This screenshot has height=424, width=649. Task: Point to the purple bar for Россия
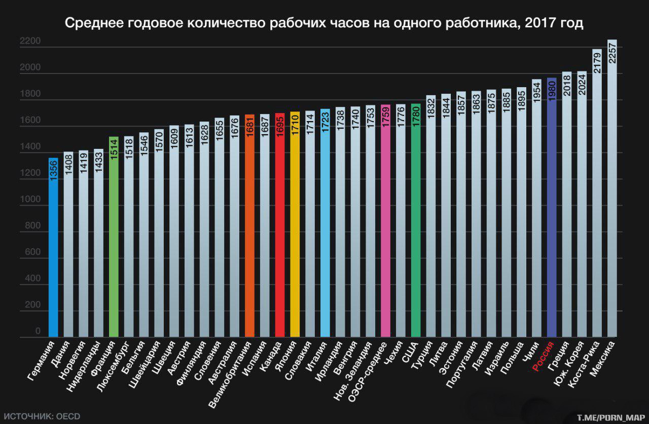click(552, 213)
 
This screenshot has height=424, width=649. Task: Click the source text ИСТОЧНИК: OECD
click(45, 416)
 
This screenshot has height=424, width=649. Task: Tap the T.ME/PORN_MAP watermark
click(610, 418)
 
